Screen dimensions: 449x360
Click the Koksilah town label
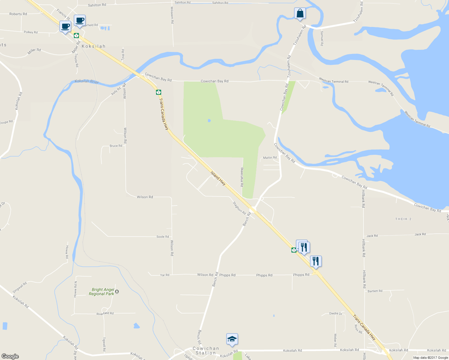[94, 46]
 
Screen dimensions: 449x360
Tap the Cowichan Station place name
[206, 351]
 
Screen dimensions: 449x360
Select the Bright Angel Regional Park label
[102, 292]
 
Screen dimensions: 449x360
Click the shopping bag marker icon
[300, 13]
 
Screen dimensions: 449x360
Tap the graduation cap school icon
[232, 339]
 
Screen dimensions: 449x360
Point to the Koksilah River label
[87, 82]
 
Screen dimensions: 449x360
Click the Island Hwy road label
[218, 178]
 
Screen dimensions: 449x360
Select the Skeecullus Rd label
[242, 177]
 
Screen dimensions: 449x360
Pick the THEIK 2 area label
[403, 219]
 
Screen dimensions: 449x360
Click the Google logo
[10, 356]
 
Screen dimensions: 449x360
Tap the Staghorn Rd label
[239, 207]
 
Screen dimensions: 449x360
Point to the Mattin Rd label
[270, 157]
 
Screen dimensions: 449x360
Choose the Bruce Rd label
[116, 146]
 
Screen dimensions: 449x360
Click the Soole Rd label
[163, 237]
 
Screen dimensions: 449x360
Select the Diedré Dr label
[336, 313]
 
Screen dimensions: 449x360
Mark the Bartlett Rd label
[375, 291]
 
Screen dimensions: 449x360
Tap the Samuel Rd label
[322, 38]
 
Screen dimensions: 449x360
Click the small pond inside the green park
[209, 121]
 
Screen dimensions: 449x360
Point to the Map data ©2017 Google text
[430, 358]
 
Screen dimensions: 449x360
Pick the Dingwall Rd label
[20, 287]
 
